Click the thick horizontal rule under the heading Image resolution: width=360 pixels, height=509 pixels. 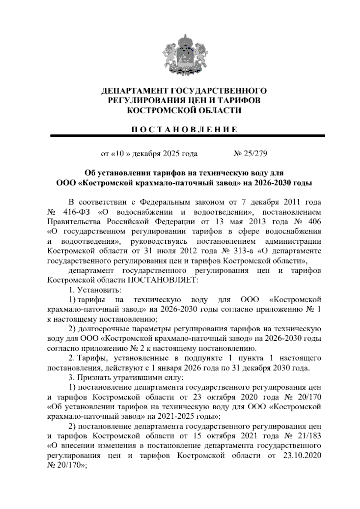click(x=187, y=136)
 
